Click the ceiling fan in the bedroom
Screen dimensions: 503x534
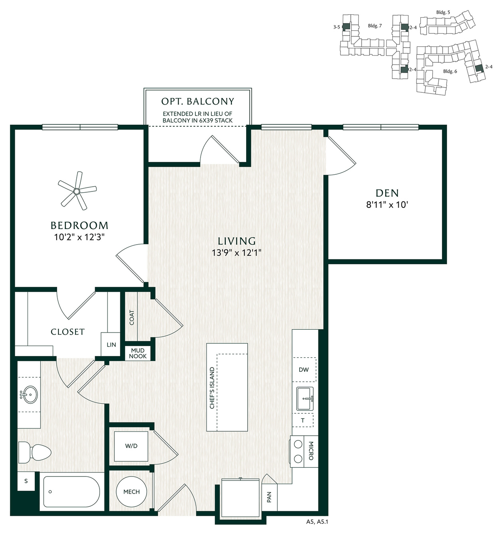point(77,191)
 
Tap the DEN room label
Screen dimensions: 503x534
point(387,193)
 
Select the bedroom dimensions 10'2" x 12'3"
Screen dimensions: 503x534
point(80,237)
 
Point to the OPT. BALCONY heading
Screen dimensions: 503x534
point(198,102)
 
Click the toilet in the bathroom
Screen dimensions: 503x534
point(34,452)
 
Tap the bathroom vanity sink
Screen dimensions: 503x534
point(29,395)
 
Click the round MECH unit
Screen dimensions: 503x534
point(131,492)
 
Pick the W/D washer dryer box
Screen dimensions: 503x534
point(131,446)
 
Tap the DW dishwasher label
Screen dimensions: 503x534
point(304,369)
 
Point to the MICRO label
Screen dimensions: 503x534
point(311,450)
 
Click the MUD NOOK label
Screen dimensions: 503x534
point(138,353)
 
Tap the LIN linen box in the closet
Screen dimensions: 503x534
point(111,345)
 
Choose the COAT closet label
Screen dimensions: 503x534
point(132,317)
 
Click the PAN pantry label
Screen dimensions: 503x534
point(269,497)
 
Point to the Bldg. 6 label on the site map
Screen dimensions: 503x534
point(450,71)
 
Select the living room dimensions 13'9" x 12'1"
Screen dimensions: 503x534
point(237,253)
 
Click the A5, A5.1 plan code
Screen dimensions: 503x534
point(317,522)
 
